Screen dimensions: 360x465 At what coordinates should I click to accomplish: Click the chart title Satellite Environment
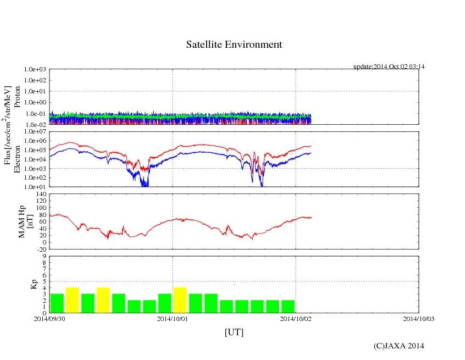pos(234,45)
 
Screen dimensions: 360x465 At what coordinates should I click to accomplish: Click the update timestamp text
pos(389,67)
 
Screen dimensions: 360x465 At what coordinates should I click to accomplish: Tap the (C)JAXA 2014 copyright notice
pos(398,346)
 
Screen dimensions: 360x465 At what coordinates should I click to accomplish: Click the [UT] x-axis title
pos(234,333)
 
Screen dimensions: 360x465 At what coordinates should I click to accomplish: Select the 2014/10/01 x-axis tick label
pos(173,318)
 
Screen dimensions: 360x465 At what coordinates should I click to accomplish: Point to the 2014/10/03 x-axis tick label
pos(419,318)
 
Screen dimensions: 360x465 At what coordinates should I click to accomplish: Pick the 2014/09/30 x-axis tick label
pos(49,318)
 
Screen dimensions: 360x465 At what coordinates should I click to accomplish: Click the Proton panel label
pos(18,97)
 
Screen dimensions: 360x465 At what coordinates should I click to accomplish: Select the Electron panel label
pos(18,159)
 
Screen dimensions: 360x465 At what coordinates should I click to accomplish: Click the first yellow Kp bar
pos(73,300)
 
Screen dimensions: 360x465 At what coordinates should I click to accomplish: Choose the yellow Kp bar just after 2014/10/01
pos(180,300)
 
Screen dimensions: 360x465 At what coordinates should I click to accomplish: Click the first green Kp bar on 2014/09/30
pos(57,303)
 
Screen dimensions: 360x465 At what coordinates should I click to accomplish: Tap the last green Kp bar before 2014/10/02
pos(288,306)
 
